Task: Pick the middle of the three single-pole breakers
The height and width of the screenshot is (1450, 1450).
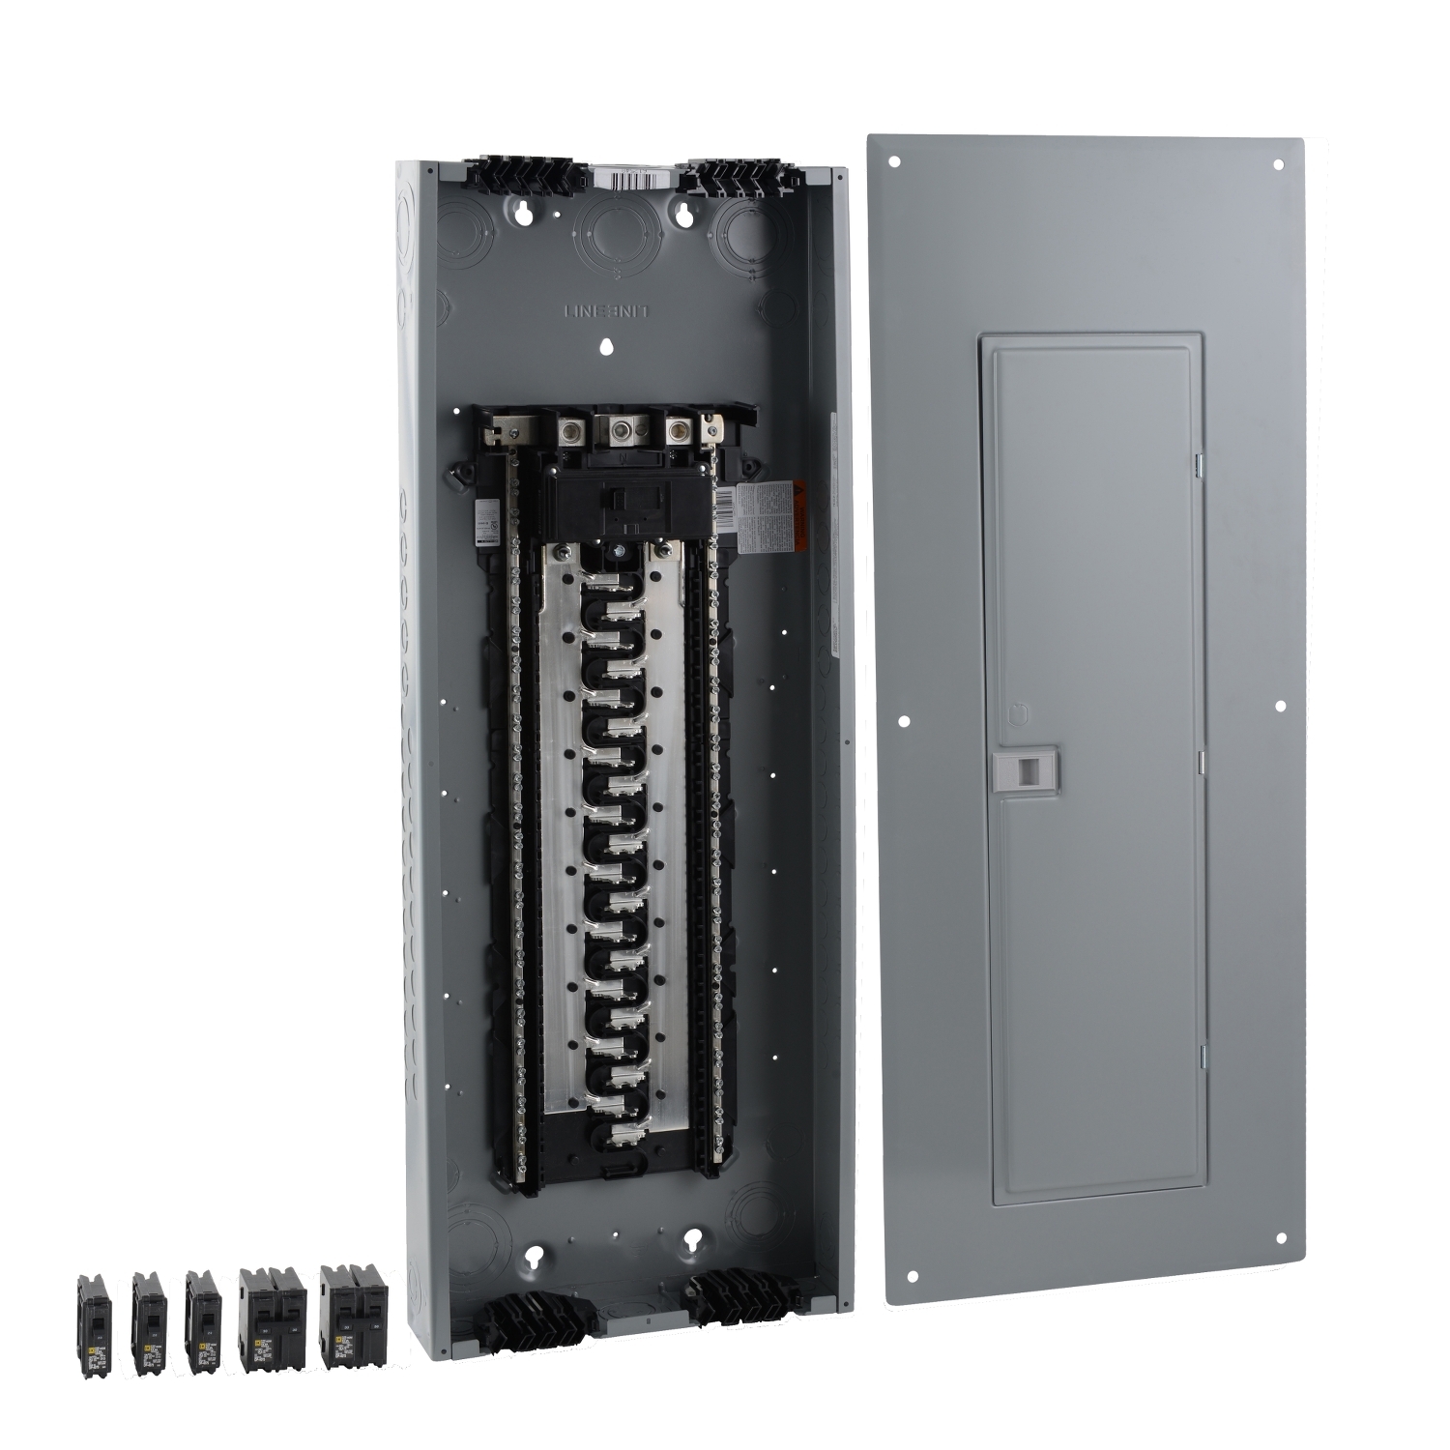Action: pos(149,1321)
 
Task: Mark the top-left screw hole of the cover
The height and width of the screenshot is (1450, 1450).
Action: pos(895,162)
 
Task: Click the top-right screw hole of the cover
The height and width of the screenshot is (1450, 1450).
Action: pos(1279,165)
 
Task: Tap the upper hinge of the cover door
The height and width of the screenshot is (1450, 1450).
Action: pos(1200,466)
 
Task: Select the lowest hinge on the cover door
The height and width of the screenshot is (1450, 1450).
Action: pos(1203,1056)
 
